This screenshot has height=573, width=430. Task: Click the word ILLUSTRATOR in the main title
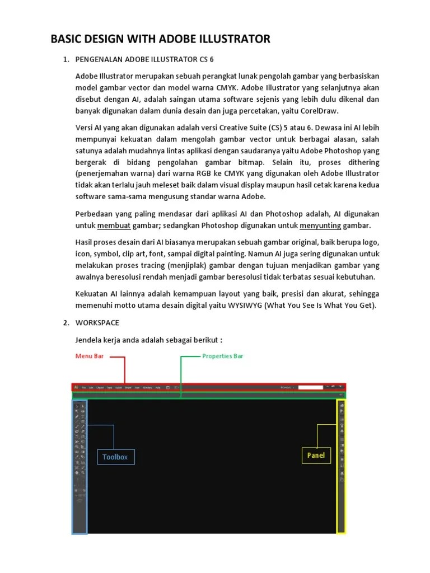tap(237, 39)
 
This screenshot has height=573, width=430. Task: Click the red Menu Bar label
tap(90, 356)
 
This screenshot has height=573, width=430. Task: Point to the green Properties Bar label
tap(222, 356)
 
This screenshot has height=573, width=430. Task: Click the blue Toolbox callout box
tap(115, 457)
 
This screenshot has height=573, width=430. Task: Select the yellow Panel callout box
tap(316, 455)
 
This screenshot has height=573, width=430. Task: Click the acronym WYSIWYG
tap(244, 305)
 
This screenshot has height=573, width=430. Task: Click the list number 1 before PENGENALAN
tap(66, 59)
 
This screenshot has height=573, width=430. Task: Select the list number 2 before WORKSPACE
tap(66, 323)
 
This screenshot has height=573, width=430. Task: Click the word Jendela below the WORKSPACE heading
tap(89, 341)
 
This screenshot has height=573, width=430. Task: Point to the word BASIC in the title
tap(68, 39)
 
